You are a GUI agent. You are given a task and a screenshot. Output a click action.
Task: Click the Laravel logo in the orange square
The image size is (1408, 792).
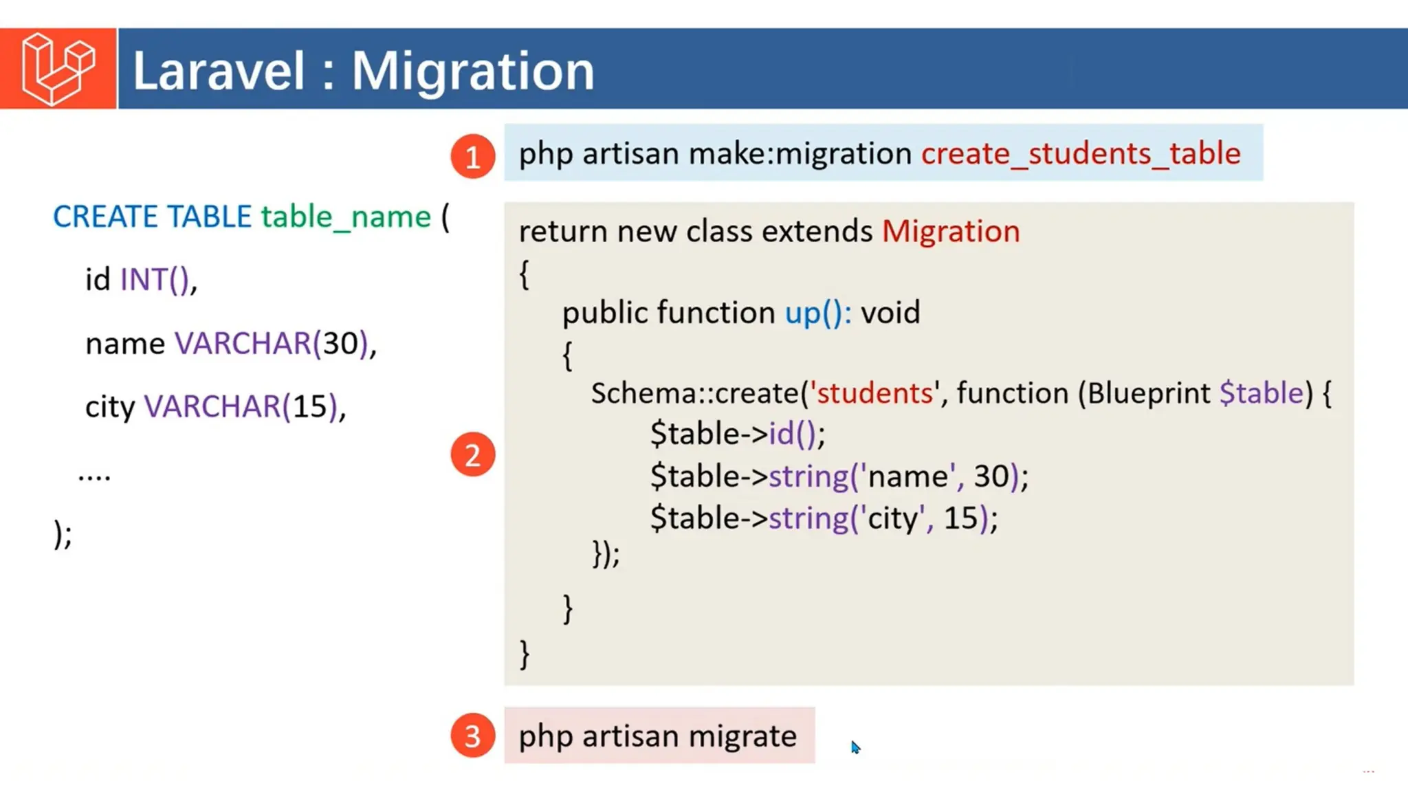point(58,69)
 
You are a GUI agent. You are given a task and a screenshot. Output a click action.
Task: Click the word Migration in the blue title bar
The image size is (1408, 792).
point(473,71)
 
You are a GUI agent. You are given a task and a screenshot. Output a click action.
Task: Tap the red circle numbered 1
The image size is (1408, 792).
point(473,157)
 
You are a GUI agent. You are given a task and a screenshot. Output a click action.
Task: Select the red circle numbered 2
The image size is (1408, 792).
point(473,454)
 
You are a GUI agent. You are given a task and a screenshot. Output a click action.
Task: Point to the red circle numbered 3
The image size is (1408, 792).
point(473,736)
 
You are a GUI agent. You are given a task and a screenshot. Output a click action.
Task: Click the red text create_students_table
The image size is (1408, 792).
point(1081,153)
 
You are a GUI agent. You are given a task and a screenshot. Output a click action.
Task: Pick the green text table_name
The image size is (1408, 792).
point(346,217)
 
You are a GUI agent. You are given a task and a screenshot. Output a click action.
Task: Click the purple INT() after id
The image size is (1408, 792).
point(155,280)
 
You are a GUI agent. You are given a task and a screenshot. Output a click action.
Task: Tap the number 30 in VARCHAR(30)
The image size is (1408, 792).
point(340,343)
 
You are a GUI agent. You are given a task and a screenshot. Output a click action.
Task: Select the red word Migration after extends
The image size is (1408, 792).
point(951,232)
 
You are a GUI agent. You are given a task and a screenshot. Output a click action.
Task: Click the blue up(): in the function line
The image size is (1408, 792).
point(818,313)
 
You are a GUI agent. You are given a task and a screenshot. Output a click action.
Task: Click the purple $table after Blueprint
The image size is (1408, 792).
point(1261,393)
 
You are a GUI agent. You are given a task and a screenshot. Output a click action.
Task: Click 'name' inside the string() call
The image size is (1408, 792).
point(908,476)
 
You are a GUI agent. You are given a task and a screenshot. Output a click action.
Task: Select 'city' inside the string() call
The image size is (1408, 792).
point(893,518)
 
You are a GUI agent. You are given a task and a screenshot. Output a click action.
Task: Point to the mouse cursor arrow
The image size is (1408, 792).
point(855,747)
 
